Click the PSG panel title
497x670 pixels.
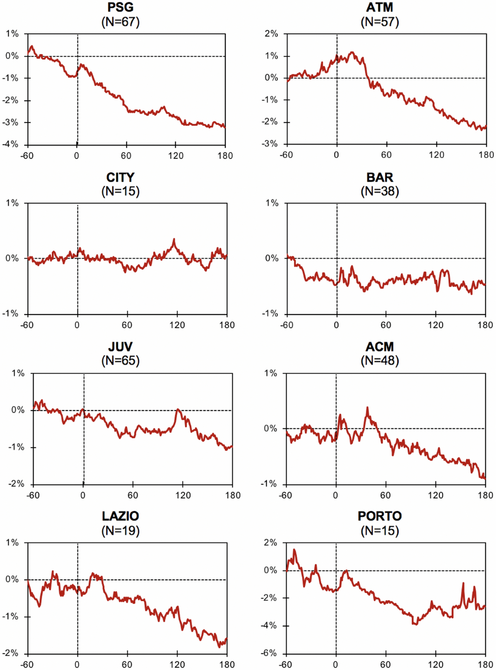coord(121,7)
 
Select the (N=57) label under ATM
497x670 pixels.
coord(380,22)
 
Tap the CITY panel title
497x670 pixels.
coord(121,177)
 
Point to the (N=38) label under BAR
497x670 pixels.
coord(380,191)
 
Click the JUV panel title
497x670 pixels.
coord(121,347)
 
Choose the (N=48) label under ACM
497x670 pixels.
coord(380,360)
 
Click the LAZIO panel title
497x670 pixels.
coord(121,516)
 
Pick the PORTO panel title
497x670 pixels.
coord(380,516)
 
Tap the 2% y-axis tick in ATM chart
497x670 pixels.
coord(271,34)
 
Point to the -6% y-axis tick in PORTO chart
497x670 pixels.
coord(269,653)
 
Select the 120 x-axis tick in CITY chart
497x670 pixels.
coord(177,325)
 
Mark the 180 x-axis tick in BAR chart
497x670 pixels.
coord(485,325)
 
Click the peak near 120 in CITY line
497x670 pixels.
coord(174,239)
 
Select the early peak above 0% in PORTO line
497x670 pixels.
coord(294,550)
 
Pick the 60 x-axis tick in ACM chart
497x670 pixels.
coord(386,495)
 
